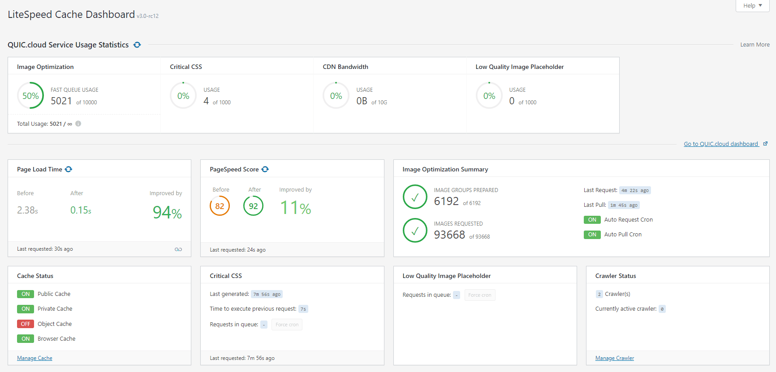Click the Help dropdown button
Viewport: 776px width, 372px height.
pos(752,6)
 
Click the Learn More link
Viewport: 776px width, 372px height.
pos(754,45)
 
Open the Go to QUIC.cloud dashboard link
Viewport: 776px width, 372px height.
pos(721,144)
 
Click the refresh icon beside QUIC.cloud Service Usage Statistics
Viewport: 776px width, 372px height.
pos(137,45)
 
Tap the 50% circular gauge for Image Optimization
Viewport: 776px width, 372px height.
pos(30,96)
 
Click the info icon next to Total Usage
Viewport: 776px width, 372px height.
pos(78,124)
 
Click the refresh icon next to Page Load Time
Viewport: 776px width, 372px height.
pos(69,169)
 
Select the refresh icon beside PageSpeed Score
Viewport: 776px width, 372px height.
pos(265,169)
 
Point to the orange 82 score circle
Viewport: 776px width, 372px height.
pos(220,206)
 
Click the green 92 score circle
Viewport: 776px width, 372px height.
pos(253,206)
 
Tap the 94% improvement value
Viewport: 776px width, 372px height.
pos(167,213)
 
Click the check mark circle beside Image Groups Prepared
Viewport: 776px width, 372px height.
pos(415,197)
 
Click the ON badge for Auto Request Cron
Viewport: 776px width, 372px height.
pos(592,220)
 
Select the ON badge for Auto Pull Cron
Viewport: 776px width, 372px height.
pos(592,235)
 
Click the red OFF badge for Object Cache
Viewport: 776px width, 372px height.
pos(26,324)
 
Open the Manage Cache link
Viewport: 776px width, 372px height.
pos(34,358)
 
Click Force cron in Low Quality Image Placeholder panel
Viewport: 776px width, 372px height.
pos(479,295)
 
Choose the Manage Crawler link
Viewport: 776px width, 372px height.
pos(614,358)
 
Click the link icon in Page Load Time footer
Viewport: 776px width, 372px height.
pos(178,249)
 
